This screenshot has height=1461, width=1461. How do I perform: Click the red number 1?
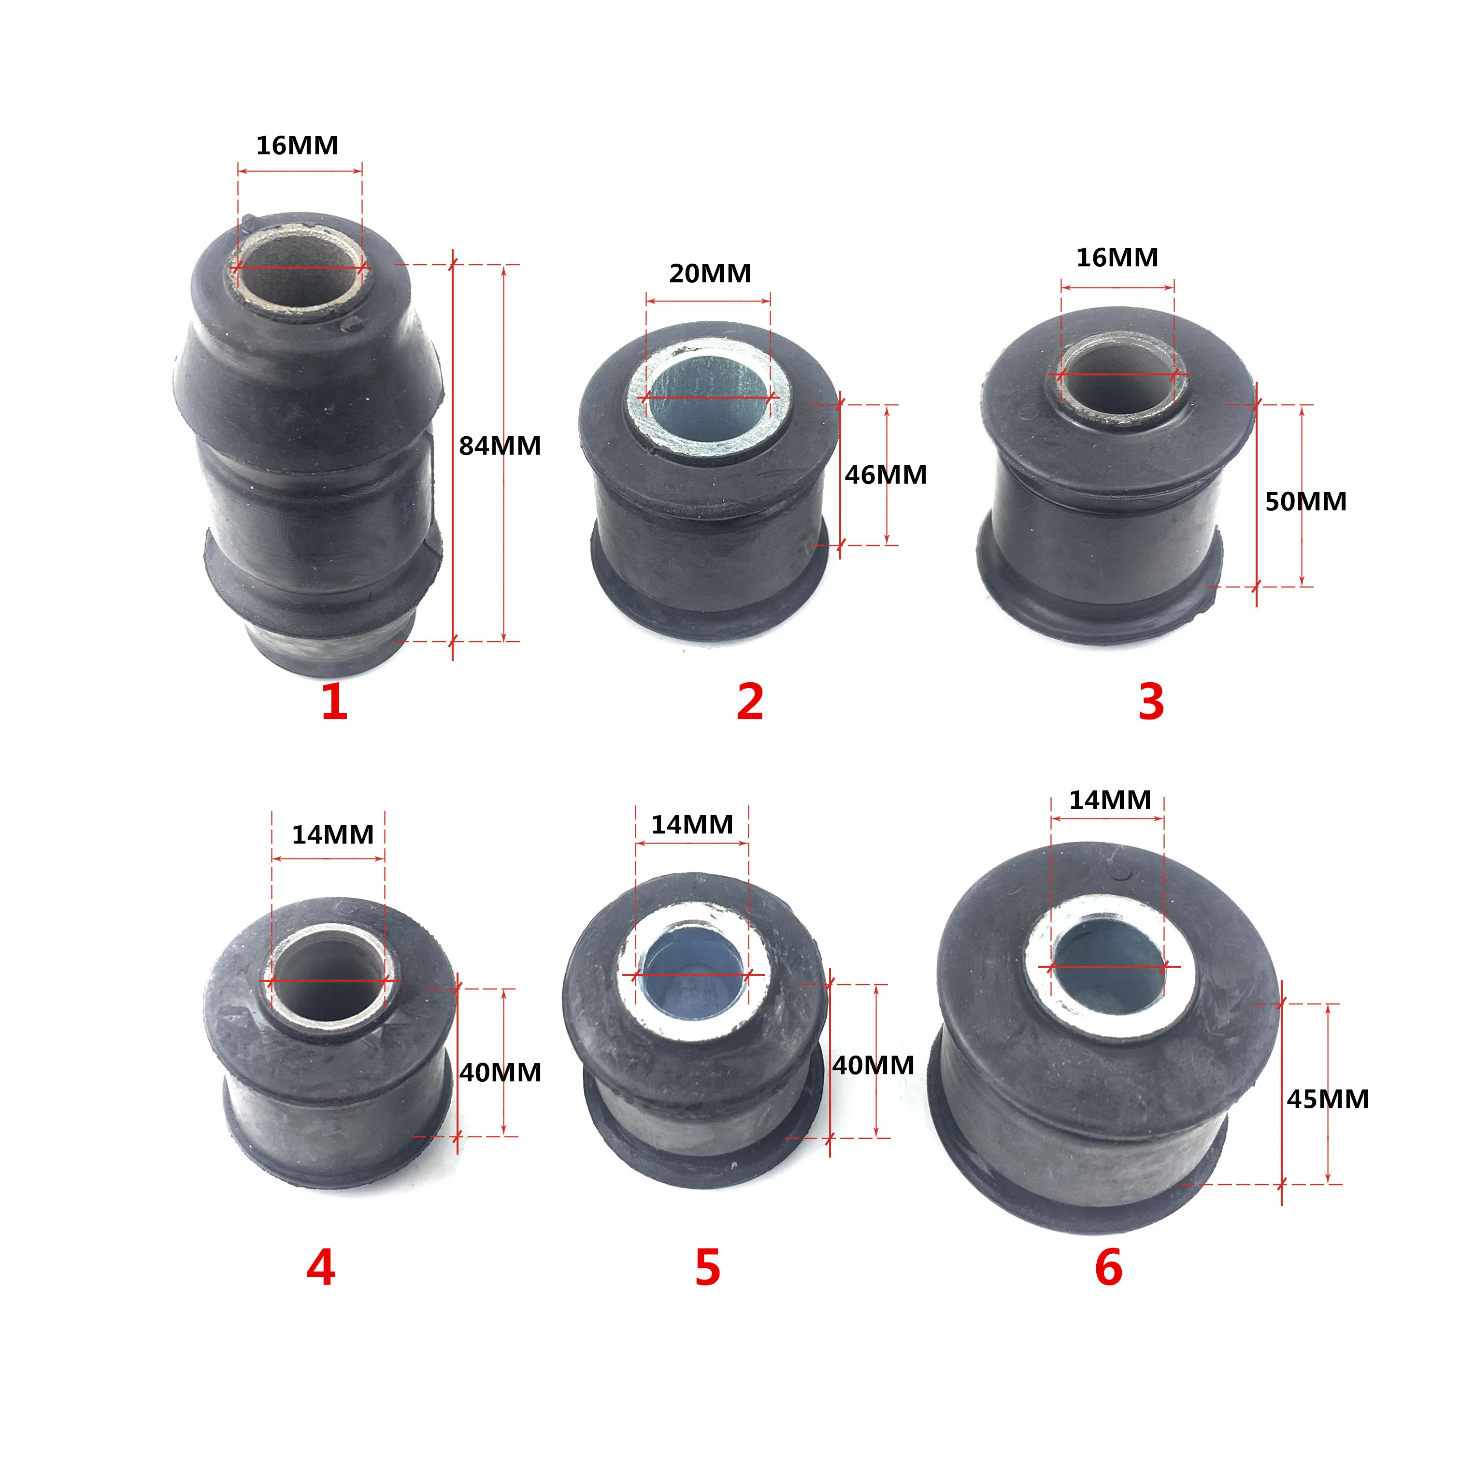tap(334, 702)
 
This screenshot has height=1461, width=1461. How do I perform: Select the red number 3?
tap(1151, 702)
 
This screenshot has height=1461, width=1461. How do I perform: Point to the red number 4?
tap(321, 1267)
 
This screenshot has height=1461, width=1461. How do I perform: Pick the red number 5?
tap(708, 1267)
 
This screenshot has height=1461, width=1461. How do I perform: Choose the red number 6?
tap(1109, 1267)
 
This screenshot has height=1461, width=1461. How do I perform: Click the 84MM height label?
tap(500, 446)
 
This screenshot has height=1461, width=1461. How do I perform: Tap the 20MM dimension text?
tap(710, 273)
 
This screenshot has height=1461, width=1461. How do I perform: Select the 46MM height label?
tap(886, 475)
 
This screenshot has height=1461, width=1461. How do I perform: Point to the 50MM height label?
tap(1306, 501)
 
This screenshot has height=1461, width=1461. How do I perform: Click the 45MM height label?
tap(1328, 1099)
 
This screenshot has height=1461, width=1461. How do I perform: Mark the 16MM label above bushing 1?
tap(297, 145)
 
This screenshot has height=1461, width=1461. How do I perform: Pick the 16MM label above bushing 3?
tap(1117, 258)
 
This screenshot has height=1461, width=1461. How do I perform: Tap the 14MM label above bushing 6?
tap(1109, 800)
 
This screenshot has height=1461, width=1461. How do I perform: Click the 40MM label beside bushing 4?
tap(500, 1072)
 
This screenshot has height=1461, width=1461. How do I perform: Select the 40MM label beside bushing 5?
tap(874, 1065)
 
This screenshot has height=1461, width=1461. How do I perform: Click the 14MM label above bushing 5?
tap(692, 824)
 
